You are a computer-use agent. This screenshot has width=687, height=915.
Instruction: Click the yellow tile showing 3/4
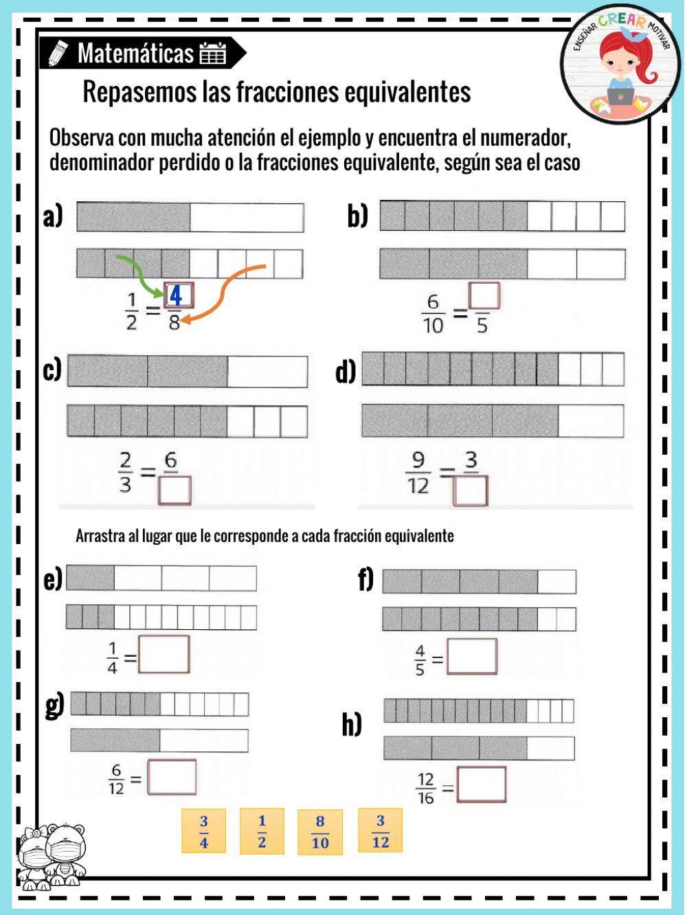(x=203, y=831)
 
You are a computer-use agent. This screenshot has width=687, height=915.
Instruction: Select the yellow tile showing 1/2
(x=262, y=831)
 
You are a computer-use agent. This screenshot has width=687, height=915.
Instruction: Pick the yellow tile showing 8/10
(x=319, y=832)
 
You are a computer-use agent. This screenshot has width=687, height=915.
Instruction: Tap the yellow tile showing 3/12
(x=380, y=831)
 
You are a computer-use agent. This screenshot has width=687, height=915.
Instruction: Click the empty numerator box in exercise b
(x=484, y=295)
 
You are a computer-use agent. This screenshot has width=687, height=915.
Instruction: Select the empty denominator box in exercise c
(x=174, y=490)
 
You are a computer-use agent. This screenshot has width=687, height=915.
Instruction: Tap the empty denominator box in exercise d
(x=470, y=490)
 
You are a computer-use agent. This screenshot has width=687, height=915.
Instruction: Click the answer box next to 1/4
(x=164, y=654)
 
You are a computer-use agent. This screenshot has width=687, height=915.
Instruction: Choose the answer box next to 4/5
(x=472, y=656)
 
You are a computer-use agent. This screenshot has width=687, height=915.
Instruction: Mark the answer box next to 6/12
(x=171, y=777)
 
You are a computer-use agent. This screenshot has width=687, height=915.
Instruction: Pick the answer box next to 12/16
(x=482, y=784)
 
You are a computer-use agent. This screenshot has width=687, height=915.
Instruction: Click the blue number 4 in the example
(x=175, y=296)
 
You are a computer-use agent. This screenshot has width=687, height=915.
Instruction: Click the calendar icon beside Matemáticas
(x=213, y=54)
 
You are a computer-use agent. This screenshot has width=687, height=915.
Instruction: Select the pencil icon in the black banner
(x=58, y=53)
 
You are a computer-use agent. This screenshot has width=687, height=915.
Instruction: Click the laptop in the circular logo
(x=620, y=96)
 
